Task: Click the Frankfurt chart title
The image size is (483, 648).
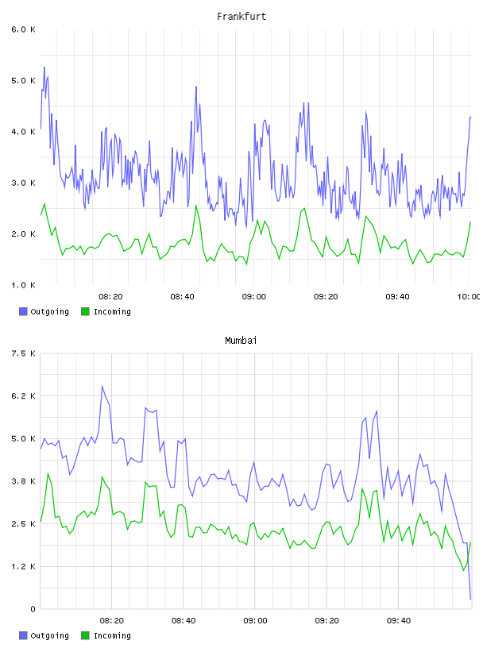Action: (241, 17)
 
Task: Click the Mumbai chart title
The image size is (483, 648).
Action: (241, 341)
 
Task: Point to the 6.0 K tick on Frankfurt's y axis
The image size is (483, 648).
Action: (24, 29)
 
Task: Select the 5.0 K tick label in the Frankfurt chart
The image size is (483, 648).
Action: (24, 80)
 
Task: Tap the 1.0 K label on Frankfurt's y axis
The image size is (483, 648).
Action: (24, 285)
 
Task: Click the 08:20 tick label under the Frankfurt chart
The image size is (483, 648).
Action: (110, 297)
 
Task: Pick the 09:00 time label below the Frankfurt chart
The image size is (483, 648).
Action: (254, 297)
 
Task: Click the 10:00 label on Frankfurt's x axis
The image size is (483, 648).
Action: (469, 297)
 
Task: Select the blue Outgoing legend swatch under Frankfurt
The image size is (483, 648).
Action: (23, 311)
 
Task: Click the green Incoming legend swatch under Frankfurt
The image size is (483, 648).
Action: (85, 311)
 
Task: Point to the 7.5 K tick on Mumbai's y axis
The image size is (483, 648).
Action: (24, 353)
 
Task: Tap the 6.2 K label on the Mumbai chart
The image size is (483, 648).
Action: (24, 396)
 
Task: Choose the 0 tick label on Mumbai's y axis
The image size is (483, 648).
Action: (33, 609)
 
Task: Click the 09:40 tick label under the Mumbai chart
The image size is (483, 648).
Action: (399, 621)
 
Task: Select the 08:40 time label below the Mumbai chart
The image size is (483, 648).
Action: (184, 621)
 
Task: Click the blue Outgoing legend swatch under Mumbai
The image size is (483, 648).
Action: (23, 635)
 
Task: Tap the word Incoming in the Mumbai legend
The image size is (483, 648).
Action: (112, 635)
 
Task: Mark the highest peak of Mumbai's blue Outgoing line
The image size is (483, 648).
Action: (102, 386)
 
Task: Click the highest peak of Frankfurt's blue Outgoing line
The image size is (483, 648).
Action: (44, 67)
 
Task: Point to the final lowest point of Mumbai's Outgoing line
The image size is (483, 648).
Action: (470, 599)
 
